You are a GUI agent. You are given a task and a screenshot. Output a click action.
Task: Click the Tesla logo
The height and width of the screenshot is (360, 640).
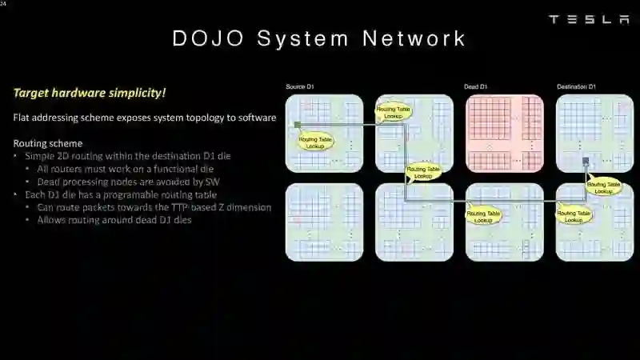click(x=589, y=19)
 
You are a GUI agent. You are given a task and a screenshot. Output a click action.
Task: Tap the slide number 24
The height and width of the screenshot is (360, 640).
click(x=3, y=4)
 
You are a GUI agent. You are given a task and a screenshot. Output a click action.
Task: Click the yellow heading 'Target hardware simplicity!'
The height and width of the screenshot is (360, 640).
click(x=90, y=93)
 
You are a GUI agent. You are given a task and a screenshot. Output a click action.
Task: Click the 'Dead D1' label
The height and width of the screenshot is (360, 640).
click(x=475, y=86)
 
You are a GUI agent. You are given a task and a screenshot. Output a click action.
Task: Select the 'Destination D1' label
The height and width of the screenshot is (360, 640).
click(x=576, y=86)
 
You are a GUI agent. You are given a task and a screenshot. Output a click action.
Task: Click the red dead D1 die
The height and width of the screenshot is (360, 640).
click(x=504, y=133)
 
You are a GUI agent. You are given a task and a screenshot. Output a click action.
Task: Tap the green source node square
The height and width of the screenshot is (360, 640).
click(x=297, y=125)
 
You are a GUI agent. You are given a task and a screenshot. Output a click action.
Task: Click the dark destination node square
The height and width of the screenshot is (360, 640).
click(x=586, y=162)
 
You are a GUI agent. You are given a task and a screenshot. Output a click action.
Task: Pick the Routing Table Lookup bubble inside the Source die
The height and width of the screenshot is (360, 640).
click(x=316, y=142)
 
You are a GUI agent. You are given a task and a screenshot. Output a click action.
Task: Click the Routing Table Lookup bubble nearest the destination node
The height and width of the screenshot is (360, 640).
click(x=603, y=188)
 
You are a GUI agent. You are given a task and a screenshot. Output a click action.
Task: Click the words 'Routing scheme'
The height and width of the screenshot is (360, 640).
click(x=48, y=143)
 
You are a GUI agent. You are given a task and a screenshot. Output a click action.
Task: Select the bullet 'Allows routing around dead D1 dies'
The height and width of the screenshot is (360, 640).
click(x=114, y=220)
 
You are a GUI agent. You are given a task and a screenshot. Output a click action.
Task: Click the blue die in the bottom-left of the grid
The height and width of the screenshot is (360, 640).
click(x=324, y=222)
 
